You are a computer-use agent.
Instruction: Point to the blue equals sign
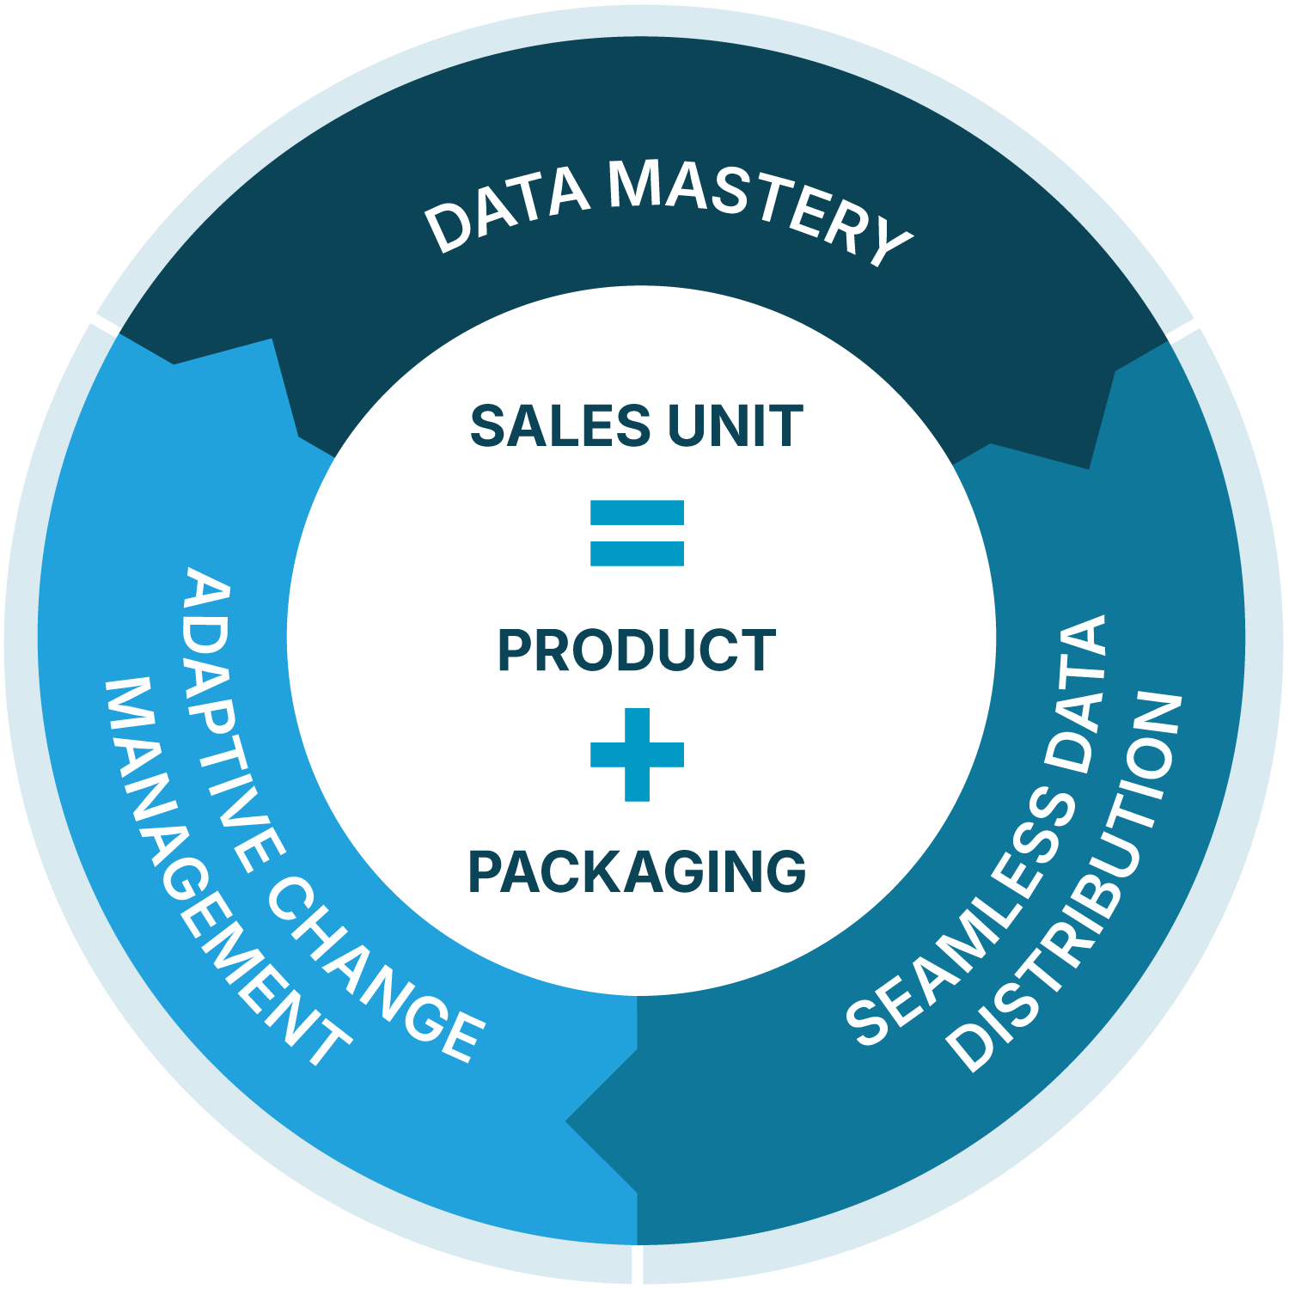coord(637,533)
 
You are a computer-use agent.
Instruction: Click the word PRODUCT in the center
coord(637,651)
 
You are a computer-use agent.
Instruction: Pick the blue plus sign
coord(637,754)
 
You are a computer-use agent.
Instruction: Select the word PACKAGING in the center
coord(637,871)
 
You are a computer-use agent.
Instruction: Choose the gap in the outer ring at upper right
coord(1181,331)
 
